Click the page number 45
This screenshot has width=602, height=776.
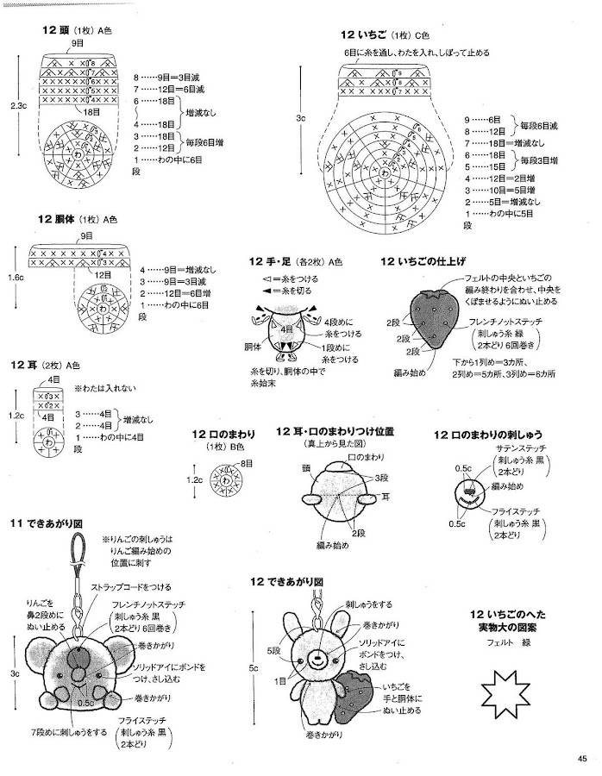pyautogui.click(x=582, y=759)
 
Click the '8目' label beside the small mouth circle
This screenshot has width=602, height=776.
pyautogui.click(x=248, y=464)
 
